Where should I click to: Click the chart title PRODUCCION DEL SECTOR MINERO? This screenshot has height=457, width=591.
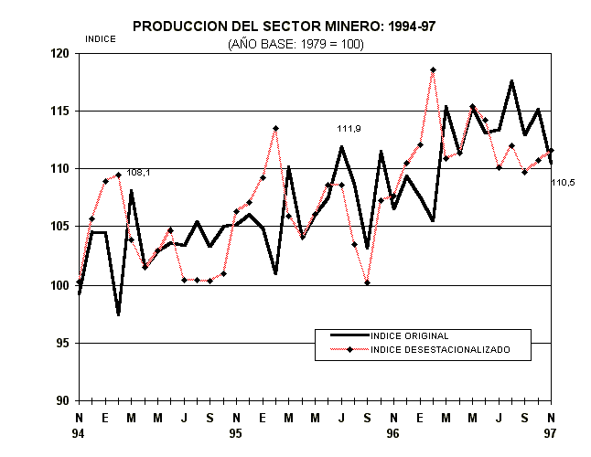pyautogui.click(x=284, y=27)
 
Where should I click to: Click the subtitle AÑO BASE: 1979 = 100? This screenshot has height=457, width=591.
pyautogui.click(x=295, y=43)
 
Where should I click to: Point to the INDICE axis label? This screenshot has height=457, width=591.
pyautogui.click(x=100, y=38)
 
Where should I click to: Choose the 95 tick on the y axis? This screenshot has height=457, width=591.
pyautogui.click(x=64, y=343)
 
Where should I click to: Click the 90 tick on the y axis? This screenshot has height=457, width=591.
pyautogui.click(x=64, y=400)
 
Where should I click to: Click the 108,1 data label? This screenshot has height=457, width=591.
pyautogui.click(x=139, y=173)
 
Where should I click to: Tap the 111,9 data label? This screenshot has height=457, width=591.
pyautogui.click(x=348, y=129)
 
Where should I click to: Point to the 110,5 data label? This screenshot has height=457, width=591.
pyautogui.click(x=563, y=183)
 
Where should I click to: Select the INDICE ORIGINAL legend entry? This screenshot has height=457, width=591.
pyautogui.click(x=410, y=336)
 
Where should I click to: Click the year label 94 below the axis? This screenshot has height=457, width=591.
pyautogui.click(x=79, y=435)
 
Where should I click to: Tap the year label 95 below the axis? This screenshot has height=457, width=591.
pyautogui.click(x=236, y=435)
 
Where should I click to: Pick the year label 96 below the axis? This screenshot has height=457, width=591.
pyautogui.click(x=393, y=435)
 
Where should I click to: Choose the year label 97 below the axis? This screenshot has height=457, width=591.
pyautogui.click(x=551, y=435)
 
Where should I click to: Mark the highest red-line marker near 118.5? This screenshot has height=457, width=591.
pyautogui.click(x=433, y=69)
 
